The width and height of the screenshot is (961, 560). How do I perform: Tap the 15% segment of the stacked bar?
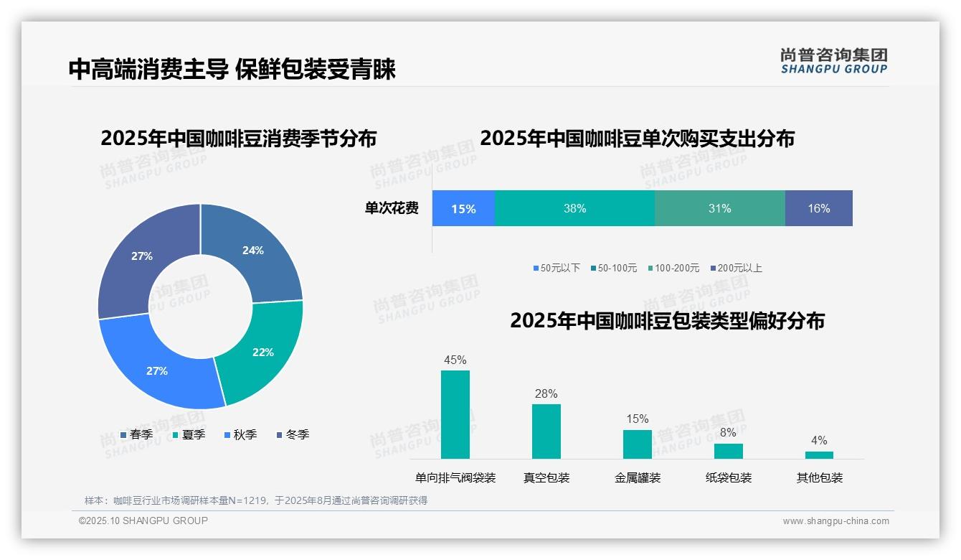(463, 209)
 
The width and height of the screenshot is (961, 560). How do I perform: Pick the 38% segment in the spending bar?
(574, 209)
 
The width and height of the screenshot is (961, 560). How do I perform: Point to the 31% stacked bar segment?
(719, 209)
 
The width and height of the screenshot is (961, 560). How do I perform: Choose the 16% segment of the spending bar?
(818, 209)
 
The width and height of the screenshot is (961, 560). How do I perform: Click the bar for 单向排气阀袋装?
(455, 414)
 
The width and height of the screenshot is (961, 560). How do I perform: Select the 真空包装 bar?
(546, 431)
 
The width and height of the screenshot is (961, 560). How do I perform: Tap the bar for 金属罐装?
(638, 444)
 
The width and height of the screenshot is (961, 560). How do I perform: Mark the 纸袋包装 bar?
(729, 451)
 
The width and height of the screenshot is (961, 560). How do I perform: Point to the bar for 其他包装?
(819, 454)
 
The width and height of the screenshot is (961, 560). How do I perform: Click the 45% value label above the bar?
(455, 360)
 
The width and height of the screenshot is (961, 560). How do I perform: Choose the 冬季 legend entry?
(293, 435)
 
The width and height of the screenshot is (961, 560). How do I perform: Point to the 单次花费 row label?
(392, 209)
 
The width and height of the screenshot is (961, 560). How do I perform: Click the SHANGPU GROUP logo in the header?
(834, 61)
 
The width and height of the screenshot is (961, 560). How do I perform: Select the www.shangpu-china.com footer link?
(835, 521)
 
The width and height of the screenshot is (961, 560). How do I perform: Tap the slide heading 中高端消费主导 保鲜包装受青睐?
(232, 70)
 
